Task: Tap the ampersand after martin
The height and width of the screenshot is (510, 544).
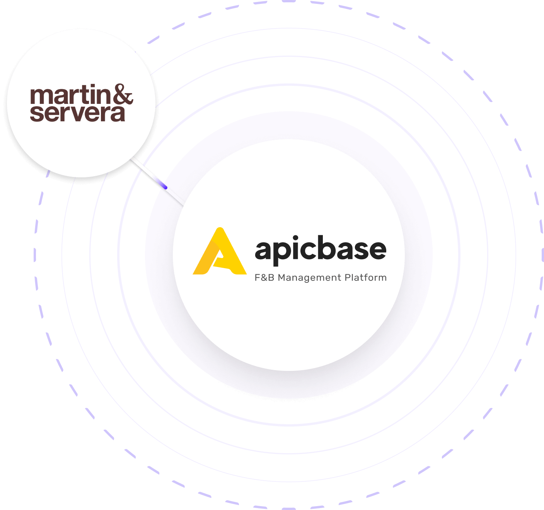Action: (123, 94)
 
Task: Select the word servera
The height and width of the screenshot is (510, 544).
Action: (77, 113)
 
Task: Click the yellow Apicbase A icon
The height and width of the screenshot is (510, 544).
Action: (220, 251)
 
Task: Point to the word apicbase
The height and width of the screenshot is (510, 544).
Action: (321, 250)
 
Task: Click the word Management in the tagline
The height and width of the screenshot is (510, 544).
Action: (310, 278)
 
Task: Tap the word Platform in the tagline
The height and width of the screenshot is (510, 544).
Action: (366, 277)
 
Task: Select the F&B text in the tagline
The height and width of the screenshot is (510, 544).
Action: (264, 277)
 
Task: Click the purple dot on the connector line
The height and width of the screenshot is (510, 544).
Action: (165, 187)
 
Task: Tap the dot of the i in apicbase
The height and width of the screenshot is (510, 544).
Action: (295, 237)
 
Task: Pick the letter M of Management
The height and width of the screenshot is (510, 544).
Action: (282, 277)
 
